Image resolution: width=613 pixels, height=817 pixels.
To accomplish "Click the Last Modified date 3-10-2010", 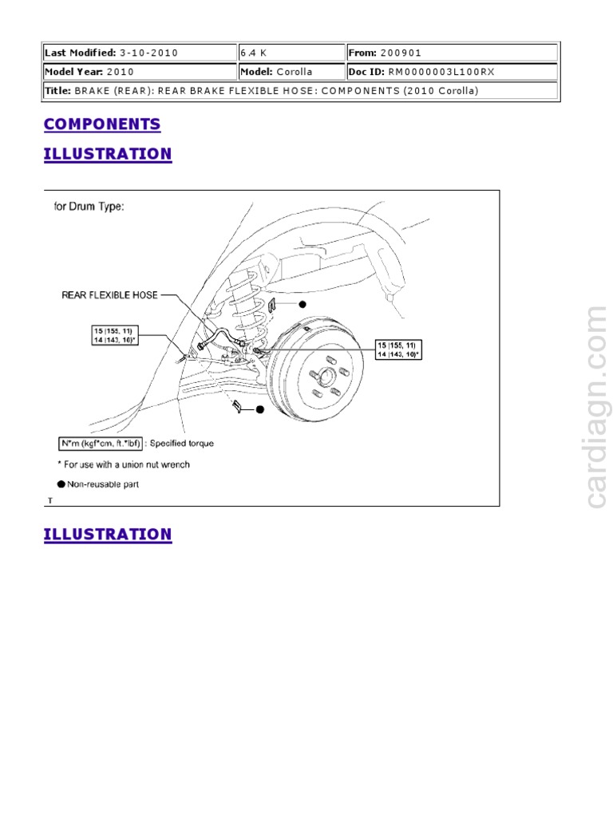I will point(148,53).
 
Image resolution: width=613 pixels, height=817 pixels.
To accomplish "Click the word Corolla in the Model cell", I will point(295,72).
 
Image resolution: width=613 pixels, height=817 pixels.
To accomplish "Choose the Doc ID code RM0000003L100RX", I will point(441,72).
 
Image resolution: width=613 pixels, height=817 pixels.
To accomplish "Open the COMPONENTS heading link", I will point(102,124).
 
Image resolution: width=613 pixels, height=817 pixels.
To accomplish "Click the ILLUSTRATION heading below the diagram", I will point(108,535).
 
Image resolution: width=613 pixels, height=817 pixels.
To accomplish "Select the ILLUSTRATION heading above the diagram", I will point(108,154).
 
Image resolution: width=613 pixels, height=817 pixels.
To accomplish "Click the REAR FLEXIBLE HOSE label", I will point(109,294).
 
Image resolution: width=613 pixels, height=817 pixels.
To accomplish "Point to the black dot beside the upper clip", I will point(303,304).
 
